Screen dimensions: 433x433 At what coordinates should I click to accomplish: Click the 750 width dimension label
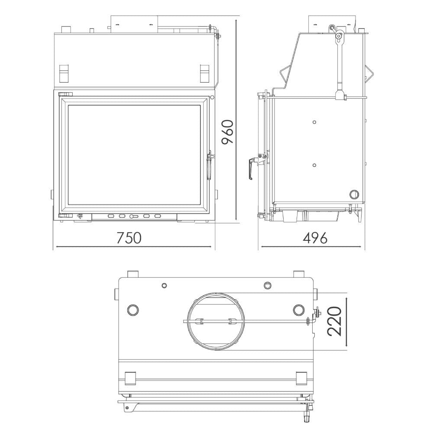coord(129,238)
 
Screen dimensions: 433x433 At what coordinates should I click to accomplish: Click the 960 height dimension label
coord(228,132)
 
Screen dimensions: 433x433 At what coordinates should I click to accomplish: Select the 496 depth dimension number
coord(315,238)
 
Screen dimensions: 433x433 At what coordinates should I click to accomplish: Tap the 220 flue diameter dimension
coord(334,321)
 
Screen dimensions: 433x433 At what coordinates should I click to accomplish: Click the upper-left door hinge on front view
coord(65,94)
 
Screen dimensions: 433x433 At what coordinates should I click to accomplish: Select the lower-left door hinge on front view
coord(65,216)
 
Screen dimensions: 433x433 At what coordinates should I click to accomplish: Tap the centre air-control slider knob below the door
coord(133,216)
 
